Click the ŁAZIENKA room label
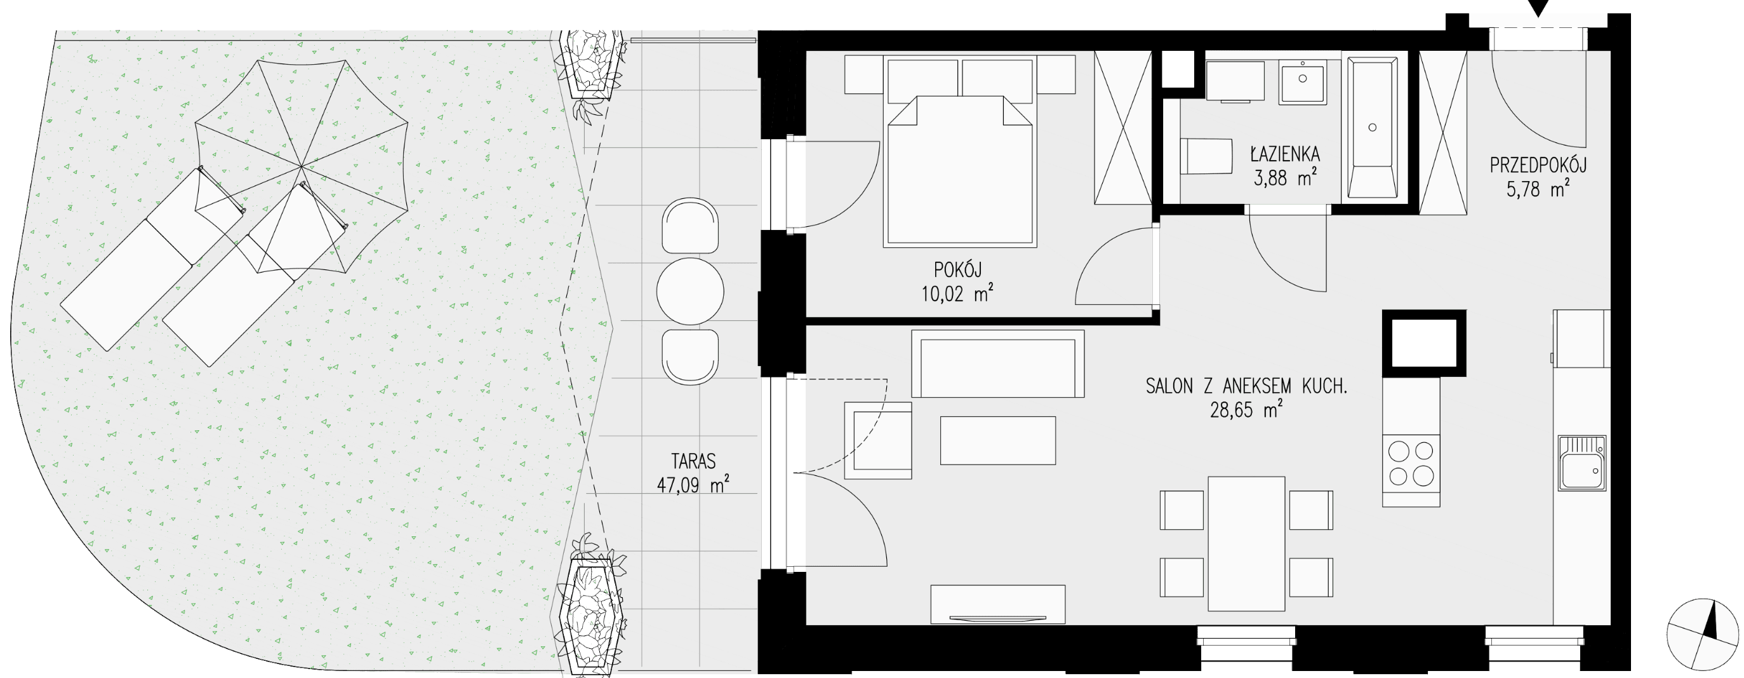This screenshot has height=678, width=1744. [1285, 154]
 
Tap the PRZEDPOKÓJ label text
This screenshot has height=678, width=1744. [1538, 165]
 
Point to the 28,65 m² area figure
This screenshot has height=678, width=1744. [1246, 409]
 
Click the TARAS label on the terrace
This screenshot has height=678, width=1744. [693, 461]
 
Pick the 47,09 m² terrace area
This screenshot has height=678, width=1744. [693, 484]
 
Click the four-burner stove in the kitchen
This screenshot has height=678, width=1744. [1411, 463]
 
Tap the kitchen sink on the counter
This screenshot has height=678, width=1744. [1582, 463]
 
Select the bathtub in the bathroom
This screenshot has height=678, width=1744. [1373, 128]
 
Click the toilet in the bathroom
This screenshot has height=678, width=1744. [1206, 157]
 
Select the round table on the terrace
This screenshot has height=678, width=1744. [690, 291]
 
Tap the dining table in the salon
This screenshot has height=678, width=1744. [1246, 544]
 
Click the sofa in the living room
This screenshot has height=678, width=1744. [998, 363]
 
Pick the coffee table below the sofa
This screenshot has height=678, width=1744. [998, 440]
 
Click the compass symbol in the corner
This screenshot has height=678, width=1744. [1703, 635]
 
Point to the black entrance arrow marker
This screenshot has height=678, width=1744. [1538, 8]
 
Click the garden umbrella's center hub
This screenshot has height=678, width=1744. [302, 166]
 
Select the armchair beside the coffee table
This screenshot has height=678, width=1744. [878, 440]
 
